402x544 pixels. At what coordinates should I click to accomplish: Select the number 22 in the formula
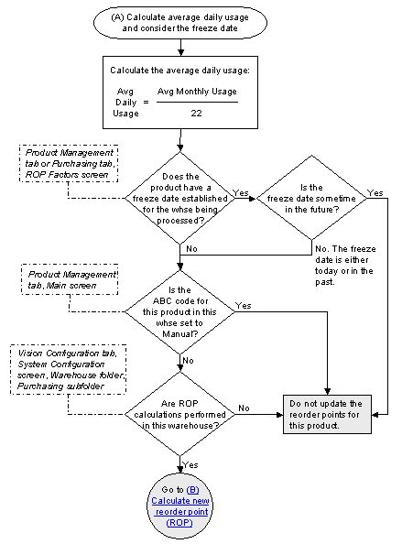(x=196, y=113)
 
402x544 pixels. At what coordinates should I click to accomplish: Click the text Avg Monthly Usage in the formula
(x=197, y=92)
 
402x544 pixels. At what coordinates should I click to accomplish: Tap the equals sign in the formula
(x=146, y=103)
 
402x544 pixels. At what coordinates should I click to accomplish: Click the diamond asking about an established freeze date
(x=180, y=197)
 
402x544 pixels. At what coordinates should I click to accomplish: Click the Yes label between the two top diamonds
(x=243, y=192)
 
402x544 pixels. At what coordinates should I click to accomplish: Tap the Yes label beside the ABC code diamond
(x=244, y=305)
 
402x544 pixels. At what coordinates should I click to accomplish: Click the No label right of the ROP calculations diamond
(x=244, y=408)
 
